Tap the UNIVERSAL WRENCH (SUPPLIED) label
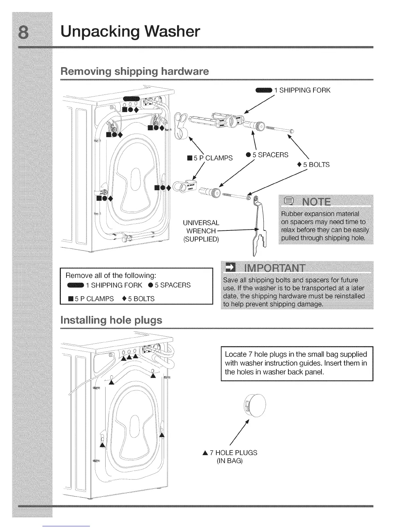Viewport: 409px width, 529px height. click(201, 231)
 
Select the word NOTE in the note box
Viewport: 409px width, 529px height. click(316, 202)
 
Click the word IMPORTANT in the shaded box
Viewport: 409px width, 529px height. click(274, 269)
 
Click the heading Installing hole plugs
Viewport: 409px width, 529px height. click(112, 320)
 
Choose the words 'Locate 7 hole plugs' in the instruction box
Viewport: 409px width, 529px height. click(254, 354)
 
